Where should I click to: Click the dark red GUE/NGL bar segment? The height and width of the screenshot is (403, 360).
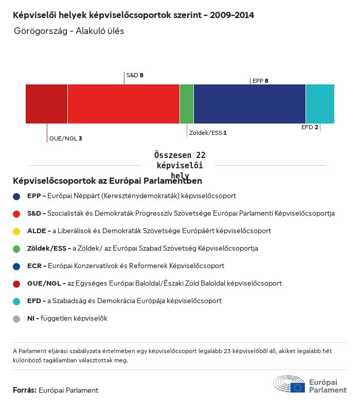point(46,104)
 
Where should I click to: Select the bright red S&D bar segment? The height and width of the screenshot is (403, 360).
point(123,104)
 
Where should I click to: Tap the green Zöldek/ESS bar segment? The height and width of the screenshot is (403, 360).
point(187,104)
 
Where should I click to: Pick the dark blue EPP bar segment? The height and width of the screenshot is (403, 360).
point(249,104)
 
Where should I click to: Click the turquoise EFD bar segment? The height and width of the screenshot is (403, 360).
point(320,104)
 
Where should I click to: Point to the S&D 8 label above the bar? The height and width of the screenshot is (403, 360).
point(135,75)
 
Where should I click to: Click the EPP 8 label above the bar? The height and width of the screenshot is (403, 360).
point(260,81)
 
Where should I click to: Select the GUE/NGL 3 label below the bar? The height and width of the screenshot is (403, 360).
point(65,138)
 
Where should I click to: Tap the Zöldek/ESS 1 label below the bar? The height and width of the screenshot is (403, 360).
point(208,133)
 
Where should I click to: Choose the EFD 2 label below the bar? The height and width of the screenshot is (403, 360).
point(310,127)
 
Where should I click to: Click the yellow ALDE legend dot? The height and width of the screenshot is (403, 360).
point(16,231)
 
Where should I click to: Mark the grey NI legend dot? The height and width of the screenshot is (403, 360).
point(16,319)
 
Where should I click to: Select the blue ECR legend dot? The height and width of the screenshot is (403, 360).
point(16,266)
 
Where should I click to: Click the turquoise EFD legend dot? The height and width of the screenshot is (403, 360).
point(16,301)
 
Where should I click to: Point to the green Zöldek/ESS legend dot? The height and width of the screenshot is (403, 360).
point(16,249)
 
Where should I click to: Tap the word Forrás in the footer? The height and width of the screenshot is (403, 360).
point(24,390)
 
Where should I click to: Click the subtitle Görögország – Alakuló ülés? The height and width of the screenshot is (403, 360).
point(69,31)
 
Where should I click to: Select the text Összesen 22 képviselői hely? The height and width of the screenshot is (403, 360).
point(179,165)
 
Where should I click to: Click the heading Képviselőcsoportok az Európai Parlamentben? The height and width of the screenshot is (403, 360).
point(107,181)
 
